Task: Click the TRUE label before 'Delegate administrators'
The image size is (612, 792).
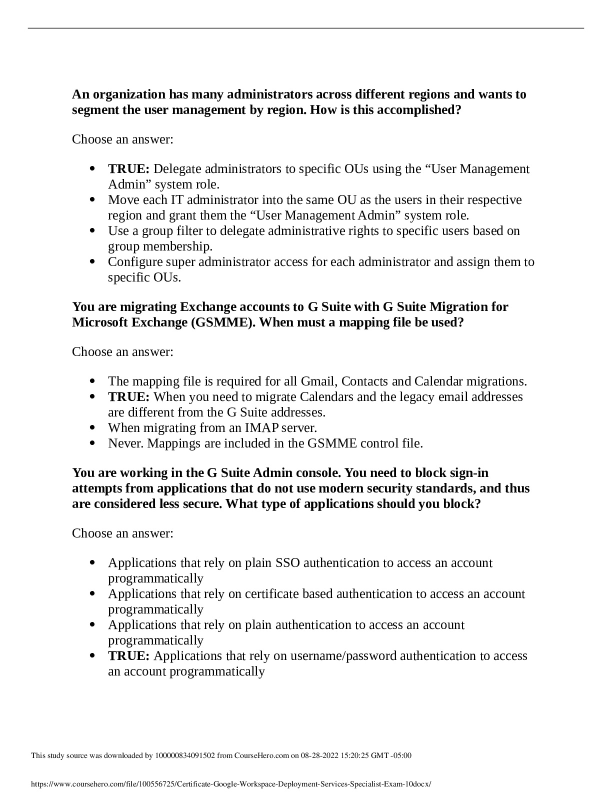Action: click(128, 169)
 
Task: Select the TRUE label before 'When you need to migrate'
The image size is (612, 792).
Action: click(128, 397)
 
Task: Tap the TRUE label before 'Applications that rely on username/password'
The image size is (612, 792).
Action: click(128, 656)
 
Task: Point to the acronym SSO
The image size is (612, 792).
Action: click(287, 563)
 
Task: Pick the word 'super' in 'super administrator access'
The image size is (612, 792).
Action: click(179, 262)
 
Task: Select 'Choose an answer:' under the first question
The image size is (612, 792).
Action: click(122, 139)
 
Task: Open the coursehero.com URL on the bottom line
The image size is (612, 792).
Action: click(230, 784)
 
